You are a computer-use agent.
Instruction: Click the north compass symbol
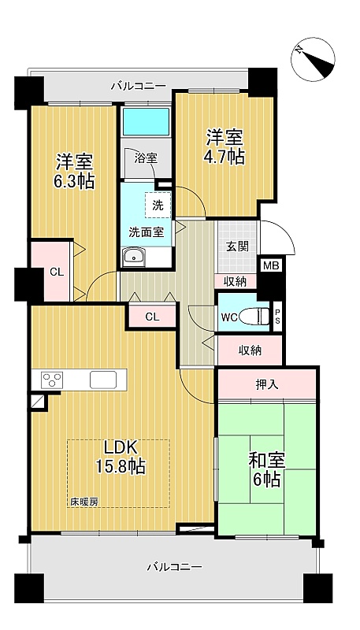click(x=313, y=58)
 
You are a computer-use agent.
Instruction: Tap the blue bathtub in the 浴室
click(x=147, y=121)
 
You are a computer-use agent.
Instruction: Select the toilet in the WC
click(x=254, y=317)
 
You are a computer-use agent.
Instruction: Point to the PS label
click(x=277, y=317)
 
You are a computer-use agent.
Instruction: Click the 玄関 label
click(x=236, y=246)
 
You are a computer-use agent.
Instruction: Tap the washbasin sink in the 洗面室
click(x=134, y=257)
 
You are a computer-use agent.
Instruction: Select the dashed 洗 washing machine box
click(x=158, y=205)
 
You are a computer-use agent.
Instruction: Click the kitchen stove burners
click(x=53, y=380)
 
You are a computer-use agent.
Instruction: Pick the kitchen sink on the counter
click(x=103, y=380)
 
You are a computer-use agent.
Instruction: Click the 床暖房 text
click(x=84, y=502)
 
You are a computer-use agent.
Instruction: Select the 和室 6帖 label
click(x=267, y=470)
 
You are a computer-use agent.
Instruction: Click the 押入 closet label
click(x=267, y=384)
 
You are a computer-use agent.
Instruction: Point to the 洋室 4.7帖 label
click(x=225, y=146)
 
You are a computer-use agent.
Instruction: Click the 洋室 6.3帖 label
click(x=75, y=171)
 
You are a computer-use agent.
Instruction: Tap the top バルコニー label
click(x=138, y=86)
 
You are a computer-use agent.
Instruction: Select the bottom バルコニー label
click(x=174, y=567)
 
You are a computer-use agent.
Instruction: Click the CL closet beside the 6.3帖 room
click(x=57, y=272)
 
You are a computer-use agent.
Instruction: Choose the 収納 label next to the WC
click(x=251, y=350)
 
